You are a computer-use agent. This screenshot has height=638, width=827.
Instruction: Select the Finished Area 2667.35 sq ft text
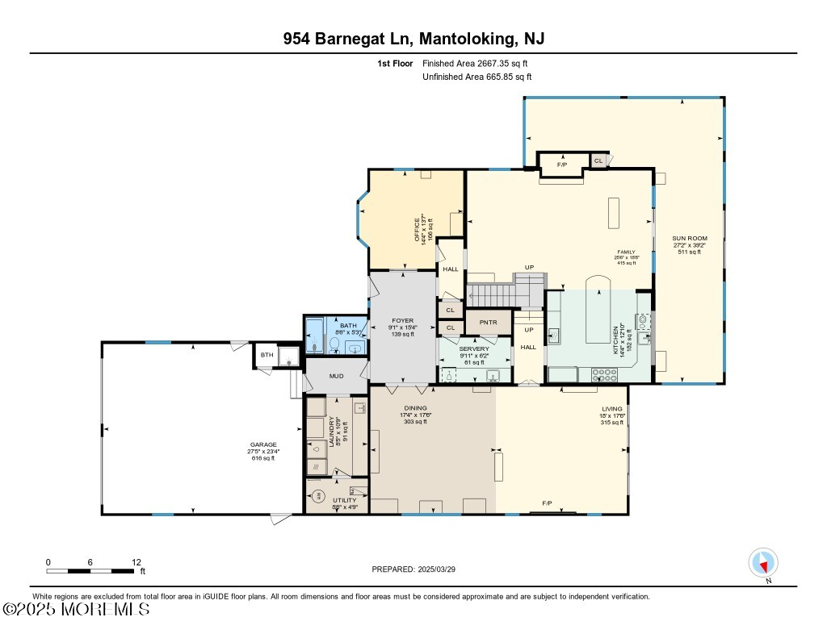tap(476, 63)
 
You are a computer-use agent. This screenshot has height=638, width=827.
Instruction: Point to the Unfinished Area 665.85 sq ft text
tap(476, 77)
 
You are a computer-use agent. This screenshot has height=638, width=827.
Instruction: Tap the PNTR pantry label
tap(488, 323)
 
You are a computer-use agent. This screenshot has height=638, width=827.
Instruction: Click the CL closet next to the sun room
tap(598, 161)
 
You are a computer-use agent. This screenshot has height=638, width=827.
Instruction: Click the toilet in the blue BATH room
tap(334, 345)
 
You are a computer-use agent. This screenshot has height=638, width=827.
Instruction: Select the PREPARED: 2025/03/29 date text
tap(419, 569)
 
